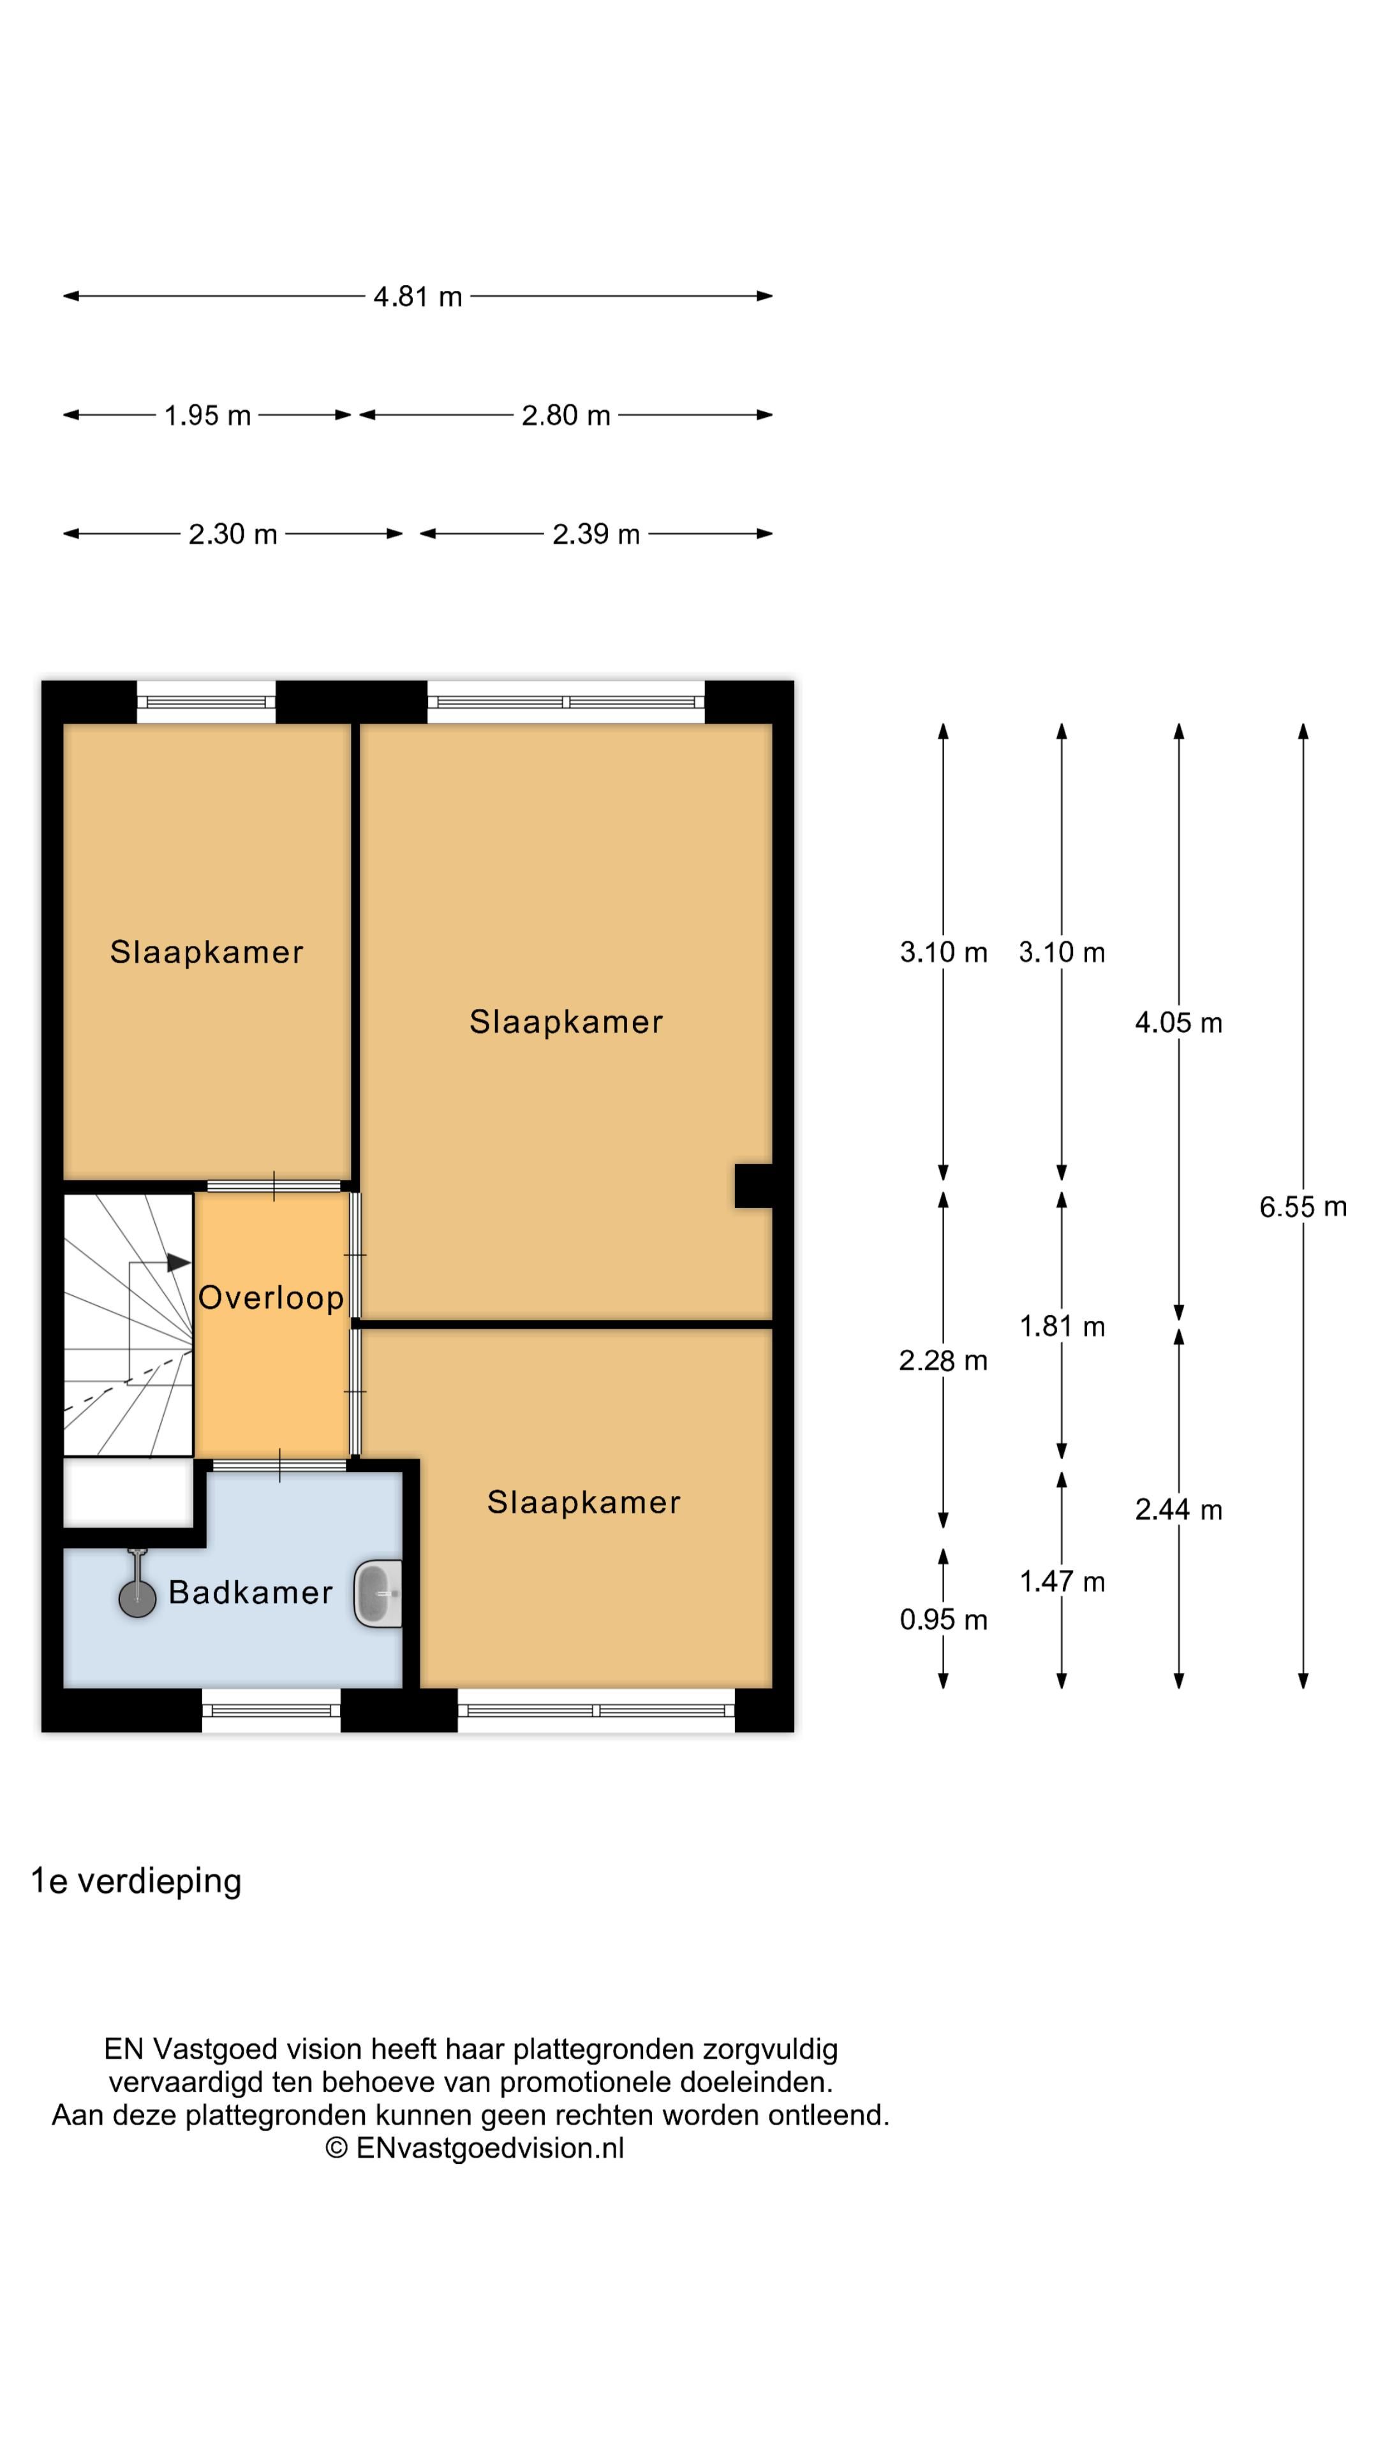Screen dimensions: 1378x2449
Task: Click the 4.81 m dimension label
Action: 417,297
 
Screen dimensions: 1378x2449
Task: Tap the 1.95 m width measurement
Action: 207,415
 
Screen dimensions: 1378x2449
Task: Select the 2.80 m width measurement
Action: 566,415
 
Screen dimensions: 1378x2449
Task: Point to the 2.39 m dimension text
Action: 596,534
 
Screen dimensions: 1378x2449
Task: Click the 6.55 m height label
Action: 1303,1207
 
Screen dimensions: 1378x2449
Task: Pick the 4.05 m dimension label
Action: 1178,1023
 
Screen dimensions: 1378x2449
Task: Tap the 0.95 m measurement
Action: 944,1620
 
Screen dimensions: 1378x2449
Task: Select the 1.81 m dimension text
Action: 1062,1327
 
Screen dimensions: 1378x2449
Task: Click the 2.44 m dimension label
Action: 1178,1510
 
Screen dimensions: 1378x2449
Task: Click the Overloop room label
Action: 271,1298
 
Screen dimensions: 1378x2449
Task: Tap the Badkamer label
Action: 250,1592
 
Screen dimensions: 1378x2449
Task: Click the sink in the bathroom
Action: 378,1594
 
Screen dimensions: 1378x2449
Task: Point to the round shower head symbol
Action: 137,1599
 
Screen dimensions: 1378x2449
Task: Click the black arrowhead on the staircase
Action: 179,1263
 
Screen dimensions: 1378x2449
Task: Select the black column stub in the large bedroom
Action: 753,1186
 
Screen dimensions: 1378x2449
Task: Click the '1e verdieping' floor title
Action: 136,1881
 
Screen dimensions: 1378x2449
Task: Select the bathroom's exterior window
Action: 271,1710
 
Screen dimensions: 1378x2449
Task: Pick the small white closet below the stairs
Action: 128,1492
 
